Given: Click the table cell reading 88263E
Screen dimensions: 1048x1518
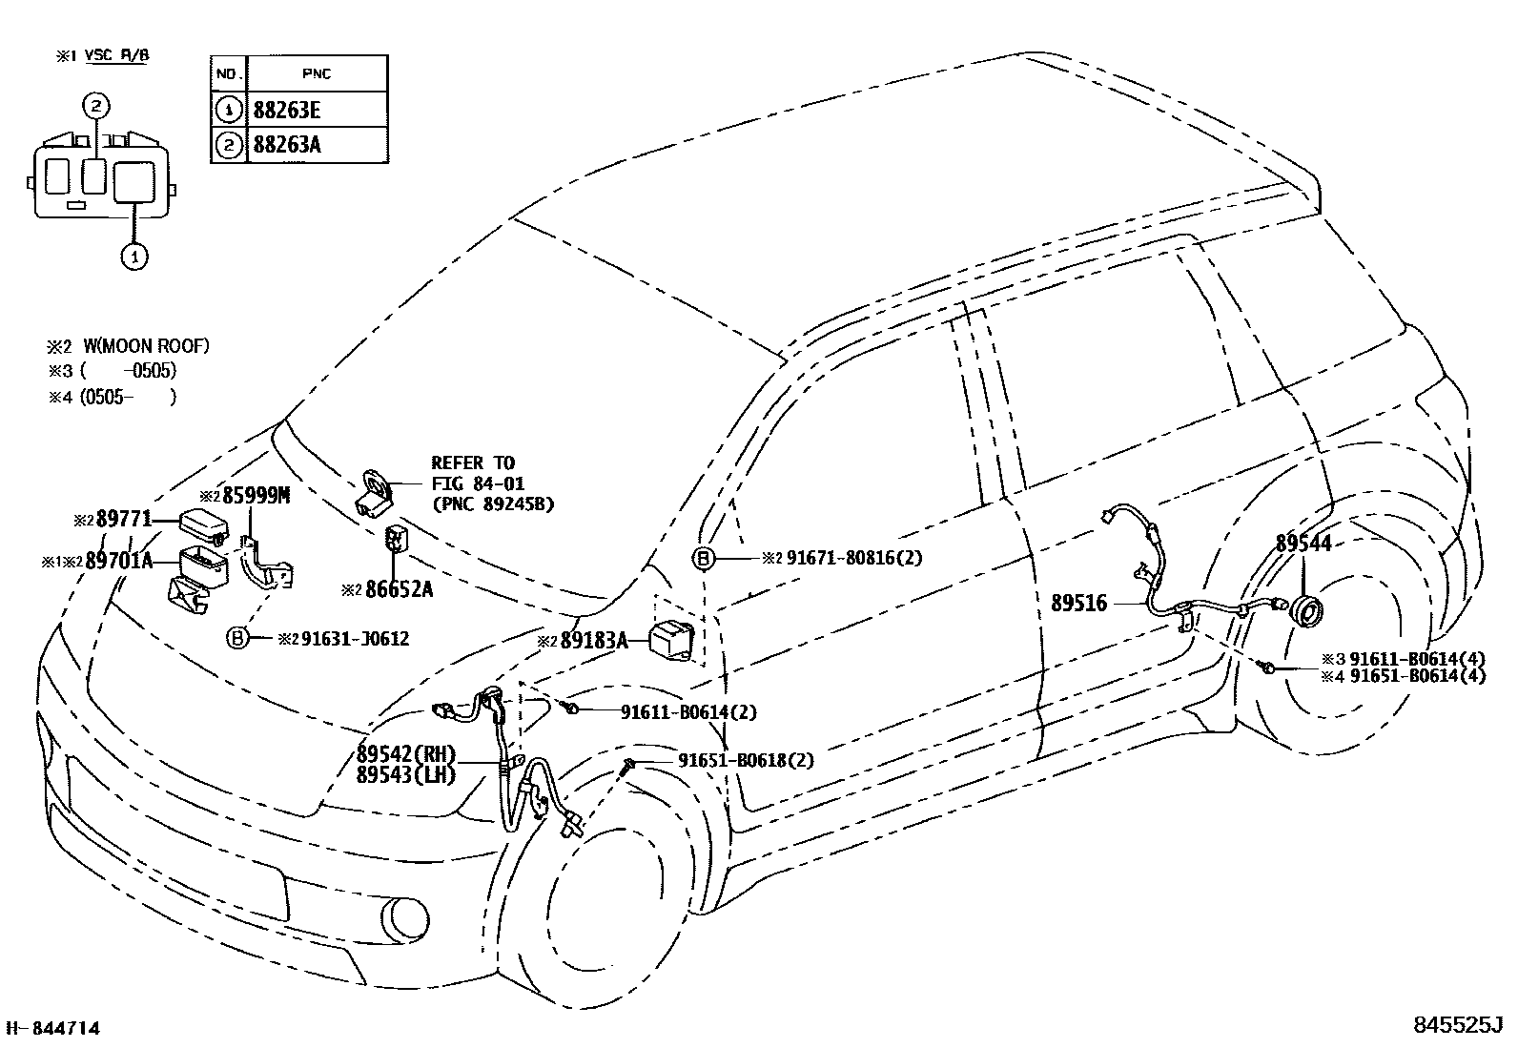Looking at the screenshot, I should (287, 110).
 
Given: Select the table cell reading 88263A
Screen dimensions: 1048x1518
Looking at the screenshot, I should (287, 145).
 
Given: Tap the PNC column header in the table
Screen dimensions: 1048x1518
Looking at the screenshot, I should (316, 73).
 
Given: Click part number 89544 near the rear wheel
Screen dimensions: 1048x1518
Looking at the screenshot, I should (1303, 544).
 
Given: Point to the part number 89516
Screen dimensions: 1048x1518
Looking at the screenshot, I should (1078, 603).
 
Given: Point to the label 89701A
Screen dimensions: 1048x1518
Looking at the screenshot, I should (118, 561).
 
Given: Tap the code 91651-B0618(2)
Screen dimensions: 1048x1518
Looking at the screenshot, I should (746, 760).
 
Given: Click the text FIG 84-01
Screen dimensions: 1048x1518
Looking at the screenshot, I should (478, 484).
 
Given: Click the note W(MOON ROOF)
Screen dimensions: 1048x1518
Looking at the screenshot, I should (146, 346).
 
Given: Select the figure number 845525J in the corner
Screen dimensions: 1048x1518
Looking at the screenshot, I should (1457, 1026).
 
